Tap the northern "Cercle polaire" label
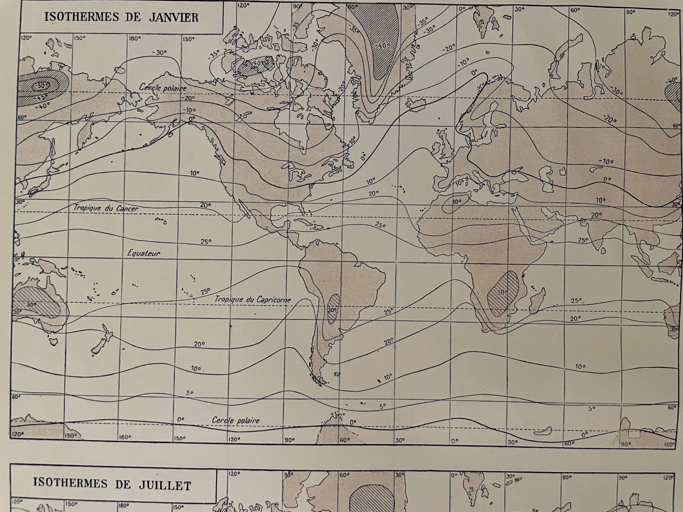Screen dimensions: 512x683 pyautogui.click(x=163, y=88)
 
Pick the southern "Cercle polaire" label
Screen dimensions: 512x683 pyautogui.click(x=236, y=420)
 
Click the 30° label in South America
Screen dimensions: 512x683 pyautogui.click(x=332, y=310)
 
